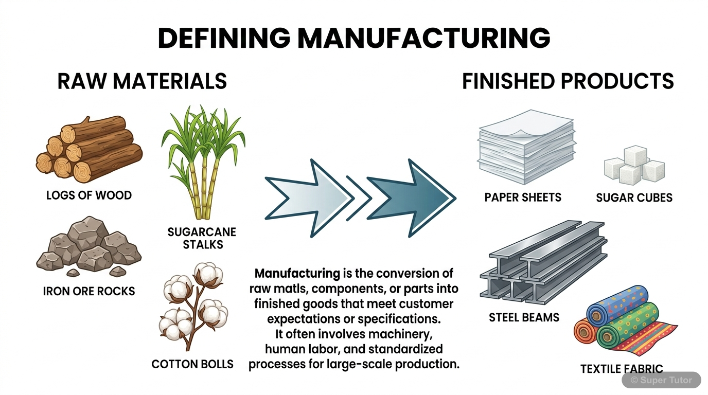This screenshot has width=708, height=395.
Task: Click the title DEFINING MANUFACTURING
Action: [x=353, y=38]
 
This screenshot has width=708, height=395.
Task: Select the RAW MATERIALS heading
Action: [x=142, y=81]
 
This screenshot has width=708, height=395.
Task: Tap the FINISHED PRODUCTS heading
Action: [x=568, y=81]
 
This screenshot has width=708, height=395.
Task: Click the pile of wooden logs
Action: [x=89, y=149]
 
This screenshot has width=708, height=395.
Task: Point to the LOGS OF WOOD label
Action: [x=89, y=195]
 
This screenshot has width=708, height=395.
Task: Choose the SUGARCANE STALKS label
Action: [x=202, y=238]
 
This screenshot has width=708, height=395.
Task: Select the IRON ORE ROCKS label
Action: [x=89, y=291]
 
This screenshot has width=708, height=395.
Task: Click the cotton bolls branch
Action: [x=194, y=303]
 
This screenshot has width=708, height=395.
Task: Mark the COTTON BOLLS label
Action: [x=192, y=364]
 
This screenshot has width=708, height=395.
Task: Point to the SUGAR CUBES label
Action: [x=634, y=197]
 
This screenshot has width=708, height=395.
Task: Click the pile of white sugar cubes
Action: [x=634, y=166]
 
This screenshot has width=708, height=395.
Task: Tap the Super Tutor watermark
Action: [x=661, y=380]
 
